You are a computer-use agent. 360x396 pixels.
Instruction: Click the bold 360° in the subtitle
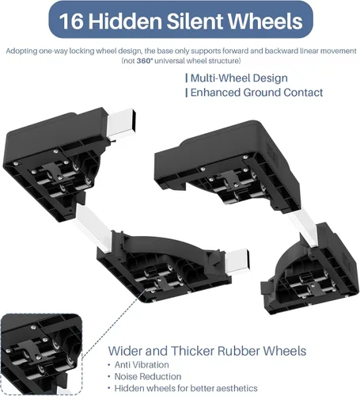coord(145,61)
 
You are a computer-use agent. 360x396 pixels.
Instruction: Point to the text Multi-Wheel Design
coord(239,78)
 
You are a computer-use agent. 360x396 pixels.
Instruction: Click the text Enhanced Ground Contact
coord(256,93)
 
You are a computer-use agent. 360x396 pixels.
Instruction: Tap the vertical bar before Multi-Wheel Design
coord(187,78)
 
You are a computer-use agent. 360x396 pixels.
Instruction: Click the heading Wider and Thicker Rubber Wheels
coord(207,351)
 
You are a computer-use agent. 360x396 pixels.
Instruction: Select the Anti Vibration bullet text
coord(142,365)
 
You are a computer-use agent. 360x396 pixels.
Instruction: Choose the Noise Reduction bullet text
coord(148,376)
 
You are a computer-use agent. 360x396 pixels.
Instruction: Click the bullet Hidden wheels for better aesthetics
coord(186,388)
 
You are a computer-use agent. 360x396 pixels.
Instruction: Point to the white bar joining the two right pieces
coord(303,227)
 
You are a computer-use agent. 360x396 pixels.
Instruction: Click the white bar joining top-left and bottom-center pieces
coord(93,227)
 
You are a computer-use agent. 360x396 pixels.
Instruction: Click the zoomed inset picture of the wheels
coord(41,354)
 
